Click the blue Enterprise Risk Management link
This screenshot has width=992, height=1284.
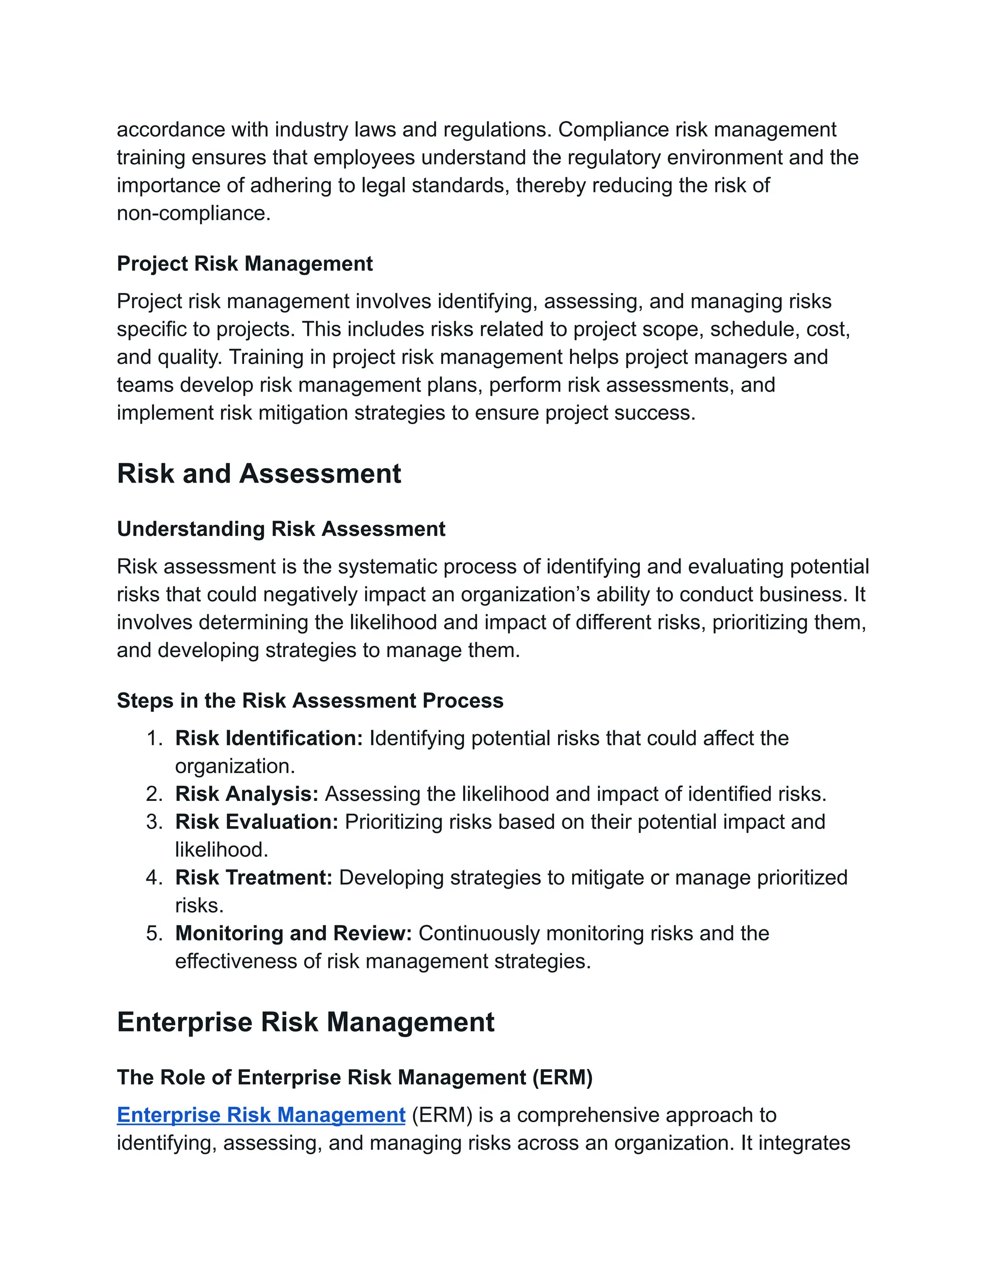coord(261,1115)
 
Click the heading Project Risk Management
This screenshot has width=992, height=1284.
coord(245,264)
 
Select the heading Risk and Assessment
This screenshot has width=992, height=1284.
coord(259,473)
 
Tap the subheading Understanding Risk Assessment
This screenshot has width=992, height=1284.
coord(281,529)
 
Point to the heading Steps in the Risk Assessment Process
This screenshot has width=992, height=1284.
coord(310,700)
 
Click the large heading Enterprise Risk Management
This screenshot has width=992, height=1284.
coord(306,1022)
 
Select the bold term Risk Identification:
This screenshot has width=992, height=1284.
coord(268,738)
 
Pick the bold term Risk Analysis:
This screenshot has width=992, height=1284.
coord(246,794)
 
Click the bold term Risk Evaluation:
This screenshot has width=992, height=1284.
coord(256,821)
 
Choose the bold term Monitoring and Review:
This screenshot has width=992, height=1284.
coord(293,933)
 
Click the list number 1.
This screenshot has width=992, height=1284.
coord(154,738)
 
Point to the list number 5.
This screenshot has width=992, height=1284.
coord(154,933)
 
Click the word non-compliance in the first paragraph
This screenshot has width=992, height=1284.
coord(193,213)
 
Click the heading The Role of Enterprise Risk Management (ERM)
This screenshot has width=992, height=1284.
coord(355,1077)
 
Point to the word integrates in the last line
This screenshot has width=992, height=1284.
coord(804,1143)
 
